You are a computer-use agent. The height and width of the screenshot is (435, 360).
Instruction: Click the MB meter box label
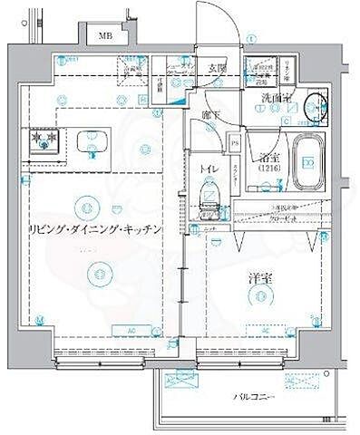coord(105,36)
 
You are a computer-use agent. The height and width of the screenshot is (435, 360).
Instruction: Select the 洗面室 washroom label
coord(276,97)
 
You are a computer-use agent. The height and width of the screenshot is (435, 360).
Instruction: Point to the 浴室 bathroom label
coord(268,155)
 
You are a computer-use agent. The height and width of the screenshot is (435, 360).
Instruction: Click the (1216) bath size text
coord(268,169)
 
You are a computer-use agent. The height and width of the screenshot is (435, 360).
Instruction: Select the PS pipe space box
coord(235,141)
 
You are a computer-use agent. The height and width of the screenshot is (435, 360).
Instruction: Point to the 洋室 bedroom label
coord(259,279)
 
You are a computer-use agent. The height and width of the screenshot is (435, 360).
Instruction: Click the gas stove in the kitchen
coord(41,140)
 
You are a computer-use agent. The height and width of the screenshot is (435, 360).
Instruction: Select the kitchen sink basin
coord(92,141)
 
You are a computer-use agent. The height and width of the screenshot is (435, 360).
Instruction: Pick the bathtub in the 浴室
coord(309,163)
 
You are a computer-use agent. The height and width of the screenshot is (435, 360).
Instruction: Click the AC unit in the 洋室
coord(266,331)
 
